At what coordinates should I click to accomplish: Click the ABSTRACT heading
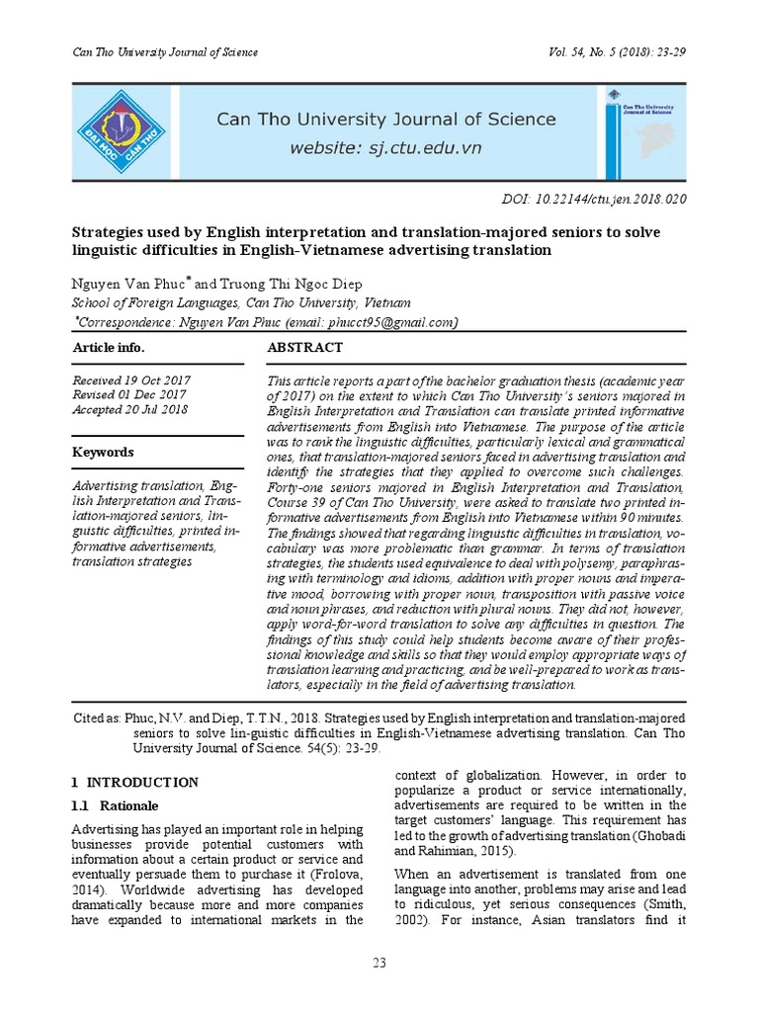pos(305,348)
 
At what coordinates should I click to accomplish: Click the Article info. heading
pos(109,348)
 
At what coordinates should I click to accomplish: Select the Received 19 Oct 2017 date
pos(131,380)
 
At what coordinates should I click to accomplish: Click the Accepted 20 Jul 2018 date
pos(130,410)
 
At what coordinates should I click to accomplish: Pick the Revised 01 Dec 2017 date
pos(129,395)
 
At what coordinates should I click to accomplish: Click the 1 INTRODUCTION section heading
pos(136,783)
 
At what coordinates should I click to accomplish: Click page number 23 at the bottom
pos(379,963)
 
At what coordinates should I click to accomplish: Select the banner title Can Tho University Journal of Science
pos(386,120)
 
